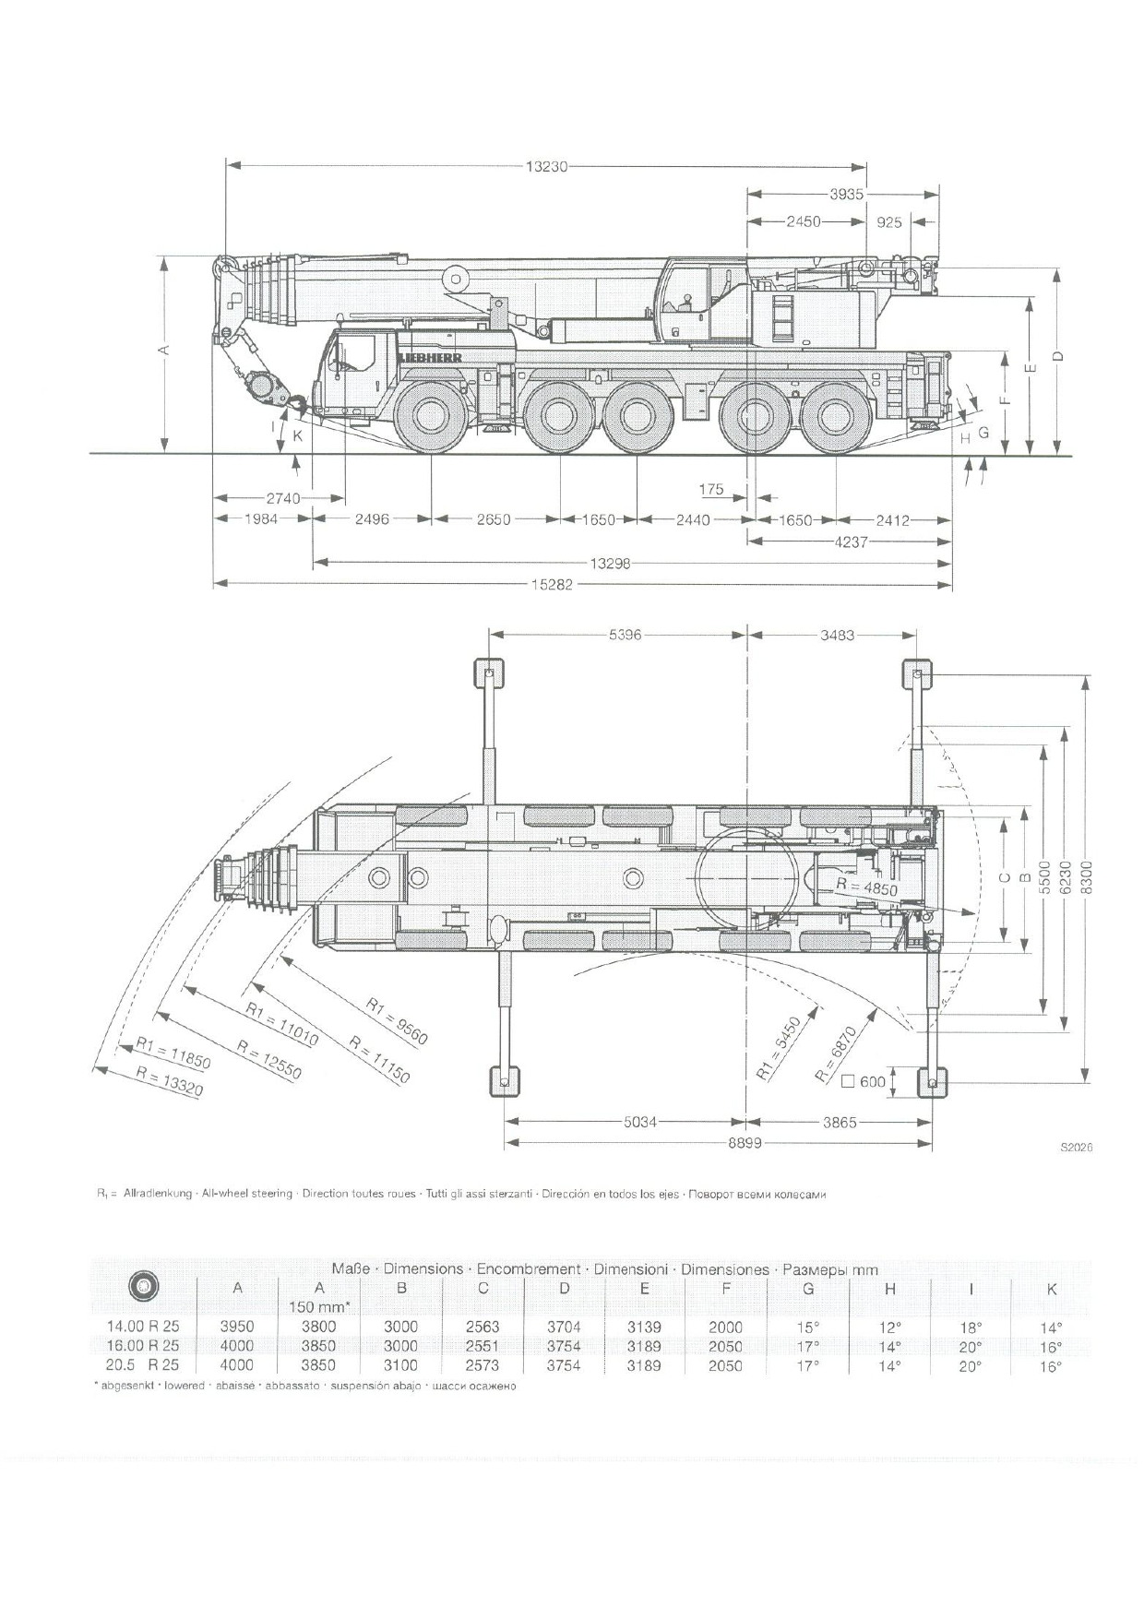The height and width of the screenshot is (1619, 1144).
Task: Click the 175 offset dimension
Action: [x=711, y=490]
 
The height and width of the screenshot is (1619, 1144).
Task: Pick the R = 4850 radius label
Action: [x=866, y=887]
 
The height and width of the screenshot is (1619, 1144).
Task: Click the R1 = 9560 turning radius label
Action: [x=397, y=1022]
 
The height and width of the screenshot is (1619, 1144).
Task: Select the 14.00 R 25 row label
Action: [x=143, y=1327]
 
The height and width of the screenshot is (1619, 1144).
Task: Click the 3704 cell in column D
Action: [x=564, y=1327]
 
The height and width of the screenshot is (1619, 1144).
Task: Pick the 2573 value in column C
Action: [x=483, y=1365]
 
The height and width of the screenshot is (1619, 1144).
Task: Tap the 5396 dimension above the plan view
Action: [x=625, y=635]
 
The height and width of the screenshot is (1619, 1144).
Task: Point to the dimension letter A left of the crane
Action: [x=164, y=351]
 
